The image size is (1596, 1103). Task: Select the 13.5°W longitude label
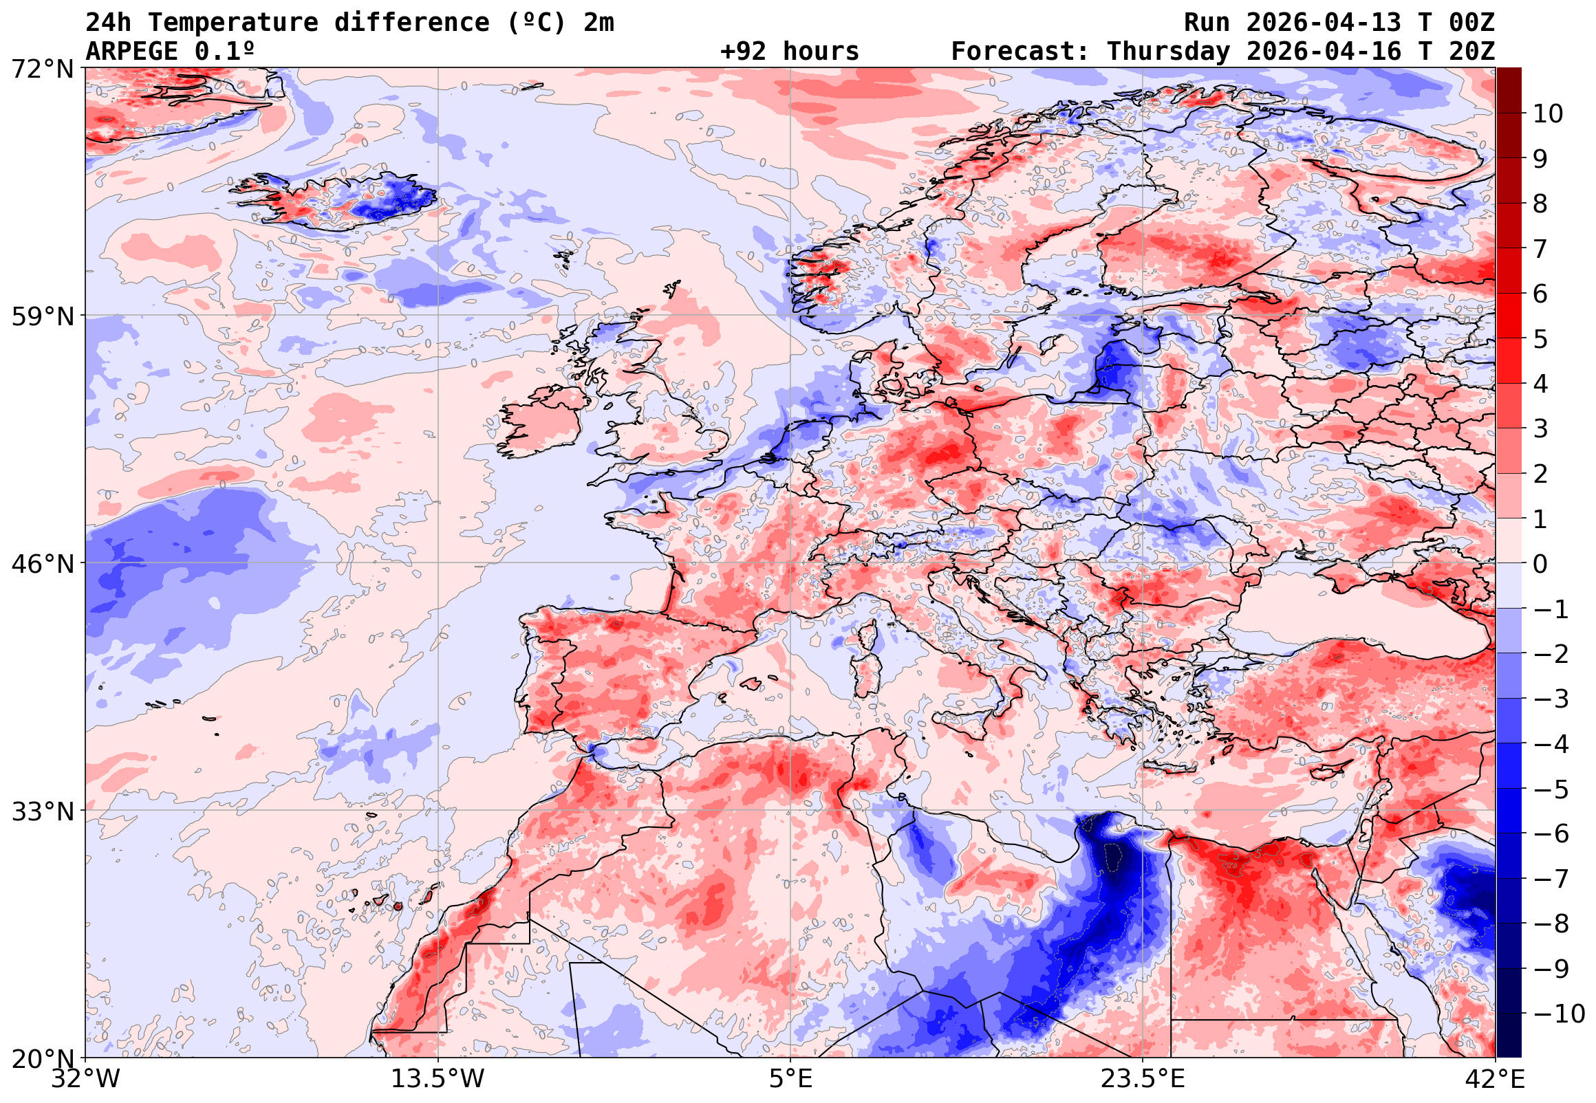[x=438, y=1079]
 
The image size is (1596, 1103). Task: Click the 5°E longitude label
[x=790, y=1079]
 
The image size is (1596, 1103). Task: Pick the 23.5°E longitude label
[x=1143, y=1079]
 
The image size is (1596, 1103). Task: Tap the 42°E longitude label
[x=1494, y=1079]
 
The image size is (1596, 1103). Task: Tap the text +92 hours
[x=789, y=51]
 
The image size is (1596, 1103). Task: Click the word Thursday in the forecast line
[x=1168, y=51]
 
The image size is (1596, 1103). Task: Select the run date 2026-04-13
[x=1324, y=22]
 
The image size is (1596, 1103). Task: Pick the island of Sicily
[x=964, y=725]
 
